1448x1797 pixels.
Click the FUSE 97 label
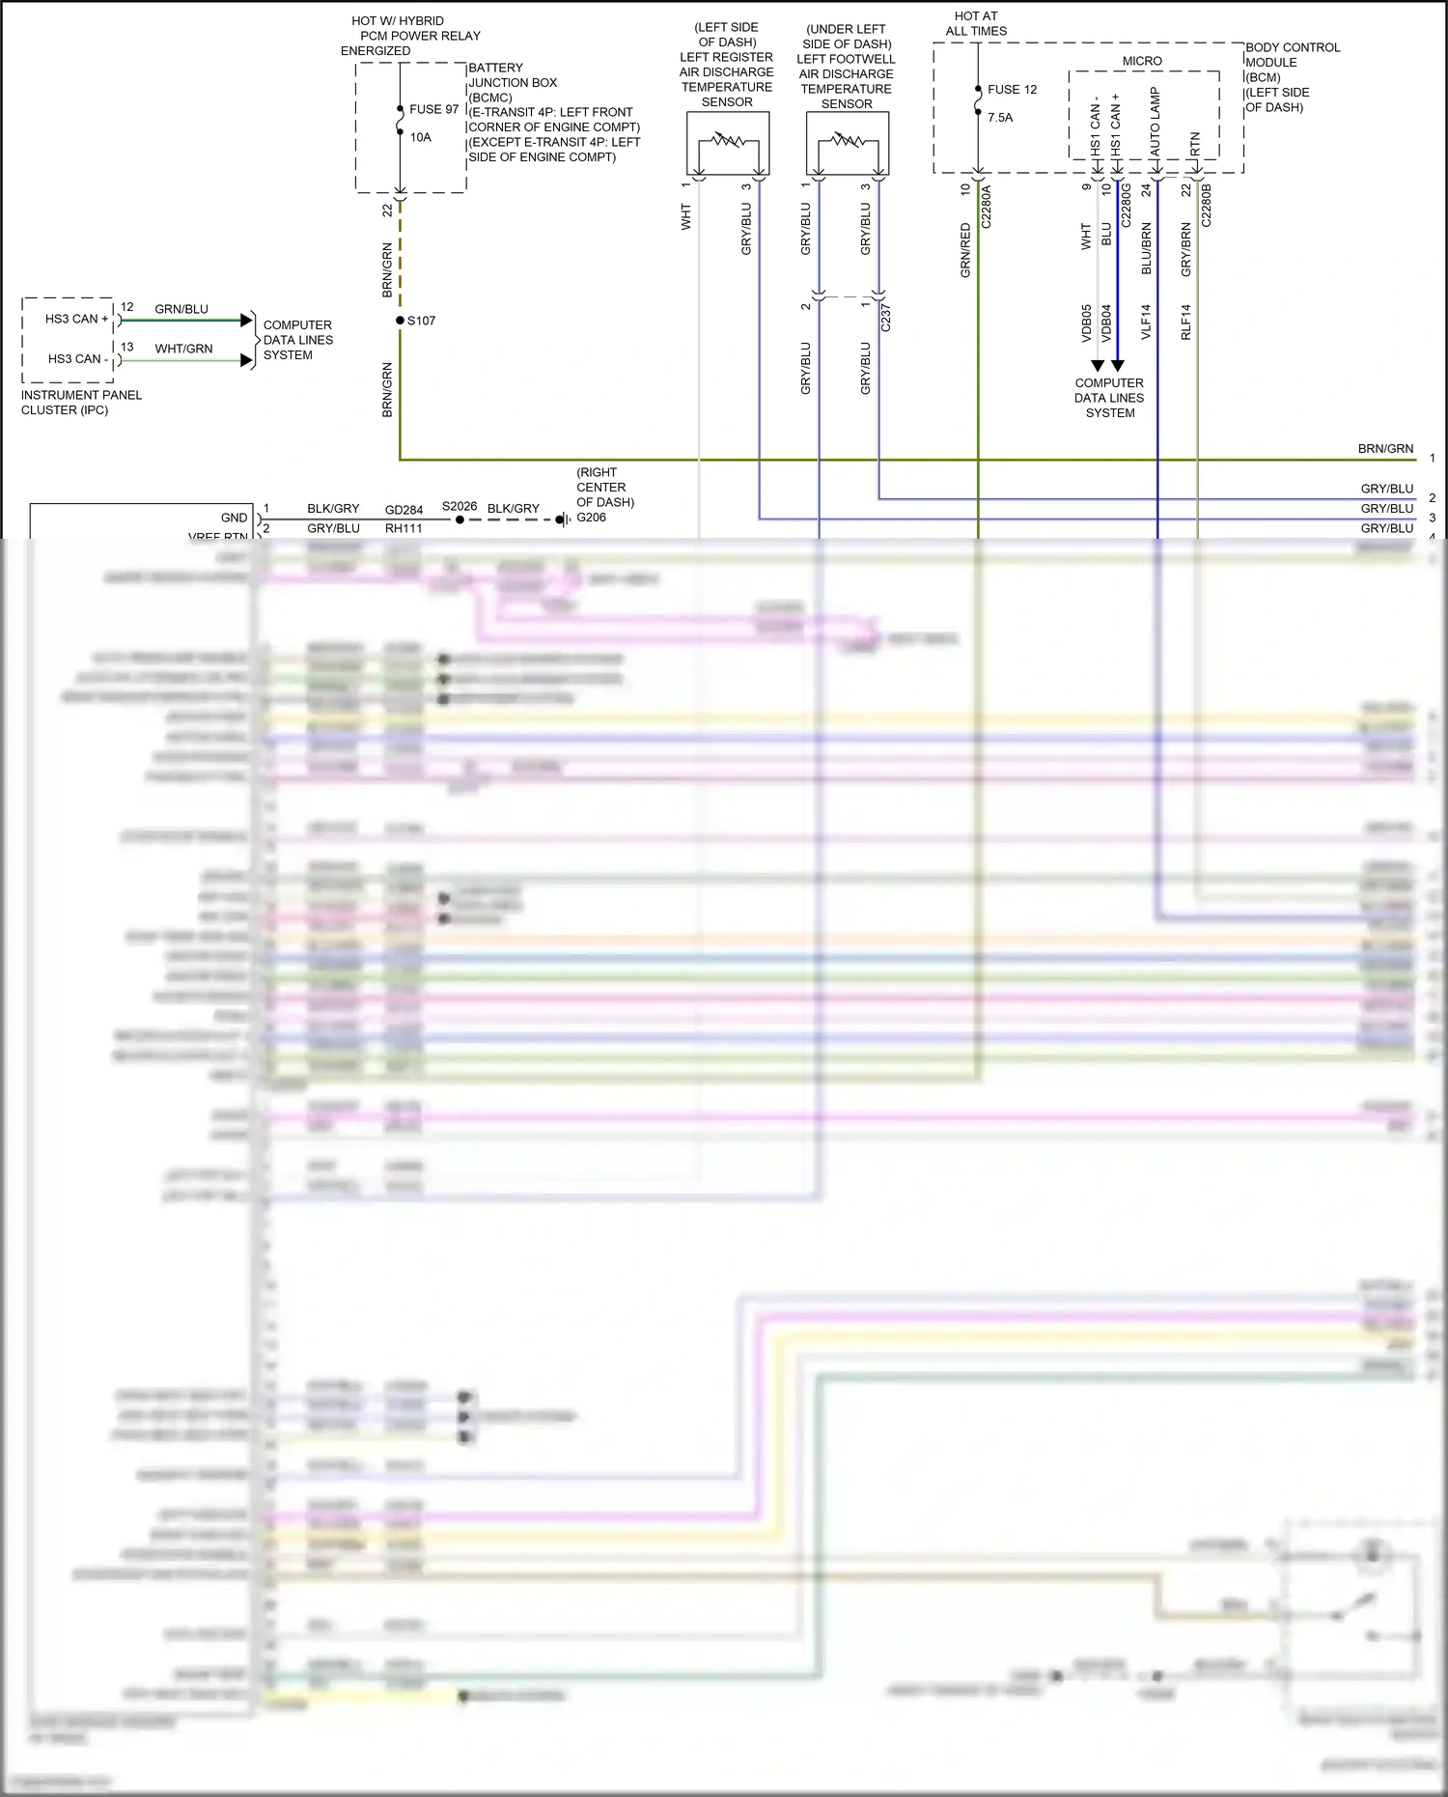tap(433, 109)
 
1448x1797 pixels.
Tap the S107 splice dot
tap(400, 321)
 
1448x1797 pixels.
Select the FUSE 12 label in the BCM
tap(1012, 90)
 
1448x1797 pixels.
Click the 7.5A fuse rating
tap(1000, 118)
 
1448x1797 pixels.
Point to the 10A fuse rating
tap(420, 137)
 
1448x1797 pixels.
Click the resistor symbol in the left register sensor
tap(728, 141)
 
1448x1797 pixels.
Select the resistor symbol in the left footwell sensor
tap(848, 141)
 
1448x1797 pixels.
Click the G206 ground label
tap(591, 518)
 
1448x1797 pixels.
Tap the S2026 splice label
tap(459, 506)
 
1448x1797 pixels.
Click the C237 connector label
tap(886, 318)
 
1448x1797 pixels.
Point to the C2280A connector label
tap(987, 207)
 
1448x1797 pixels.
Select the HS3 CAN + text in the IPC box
tap(77, 319)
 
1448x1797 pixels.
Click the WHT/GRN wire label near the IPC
tap(183, 349)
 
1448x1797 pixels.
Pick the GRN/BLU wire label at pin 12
tap(181, 309)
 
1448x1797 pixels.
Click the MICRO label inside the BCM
tap(1142, 61)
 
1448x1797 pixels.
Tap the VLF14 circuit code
tap(1147, 322)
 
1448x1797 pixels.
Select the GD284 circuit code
tap(404, 510)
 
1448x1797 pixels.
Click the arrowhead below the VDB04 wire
tap(1118, 366)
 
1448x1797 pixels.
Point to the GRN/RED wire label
tap(965, 250)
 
